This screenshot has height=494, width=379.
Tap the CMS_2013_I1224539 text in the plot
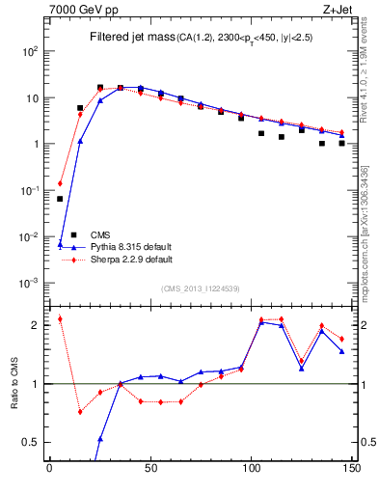[x=201, y=288]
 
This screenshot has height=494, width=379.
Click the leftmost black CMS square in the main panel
[x=60, y=199]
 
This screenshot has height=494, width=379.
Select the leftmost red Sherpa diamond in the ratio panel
[x=60, y=318]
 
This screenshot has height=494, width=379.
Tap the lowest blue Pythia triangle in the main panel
[x=60, y=245]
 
